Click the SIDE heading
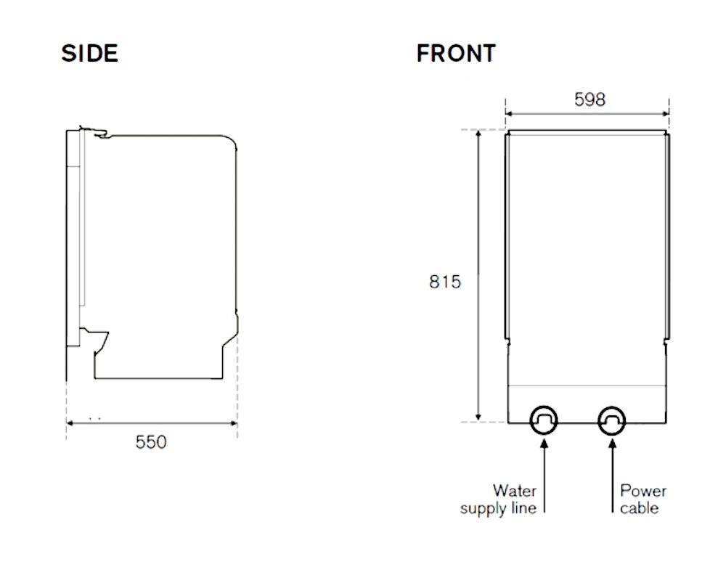pos(90,53)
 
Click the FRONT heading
pos(456,53)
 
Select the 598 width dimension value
pos(590,99)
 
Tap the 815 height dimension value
pos(445,282)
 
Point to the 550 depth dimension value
pos(151,441)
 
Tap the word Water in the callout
pos(515,490)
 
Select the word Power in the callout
pos(643,490)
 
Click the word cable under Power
pos(640,508)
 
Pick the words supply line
pos(498,508)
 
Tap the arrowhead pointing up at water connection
pos(544,443)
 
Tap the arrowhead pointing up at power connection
pos(613,443)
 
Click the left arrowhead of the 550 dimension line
pos(70,423)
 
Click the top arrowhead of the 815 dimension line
pos(478,134)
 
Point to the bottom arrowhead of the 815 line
pos(478,417)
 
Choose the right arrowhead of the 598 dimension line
pos(665,113)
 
